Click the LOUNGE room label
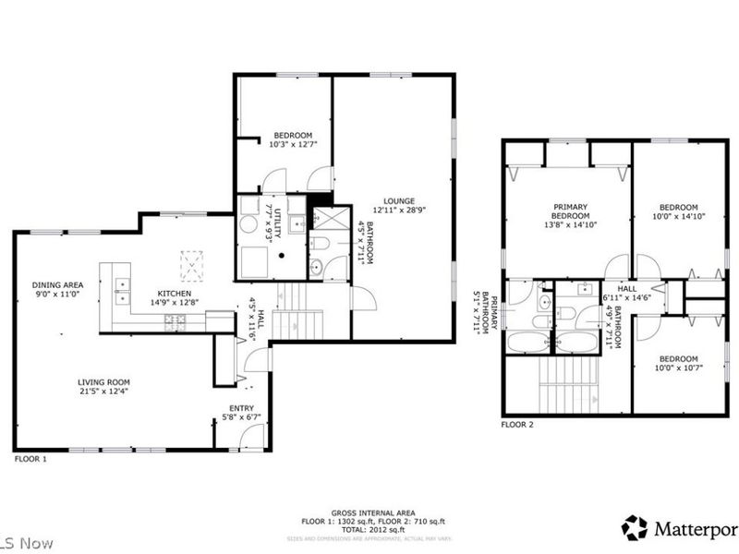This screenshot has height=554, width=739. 400,200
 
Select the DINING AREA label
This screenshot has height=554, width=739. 57,284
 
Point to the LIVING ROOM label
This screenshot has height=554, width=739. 103,381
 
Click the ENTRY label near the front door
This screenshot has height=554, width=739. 242,407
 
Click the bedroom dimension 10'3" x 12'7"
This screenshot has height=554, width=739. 292,144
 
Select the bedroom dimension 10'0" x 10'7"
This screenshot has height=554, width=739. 678,368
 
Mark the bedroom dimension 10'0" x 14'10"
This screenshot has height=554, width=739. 678,217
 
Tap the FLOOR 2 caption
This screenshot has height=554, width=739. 517,425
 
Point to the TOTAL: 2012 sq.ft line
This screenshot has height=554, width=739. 373,530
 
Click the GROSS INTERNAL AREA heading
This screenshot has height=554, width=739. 373,512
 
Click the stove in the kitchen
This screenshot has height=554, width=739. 174,319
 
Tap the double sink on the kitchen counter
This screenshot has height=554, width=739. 121,291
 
